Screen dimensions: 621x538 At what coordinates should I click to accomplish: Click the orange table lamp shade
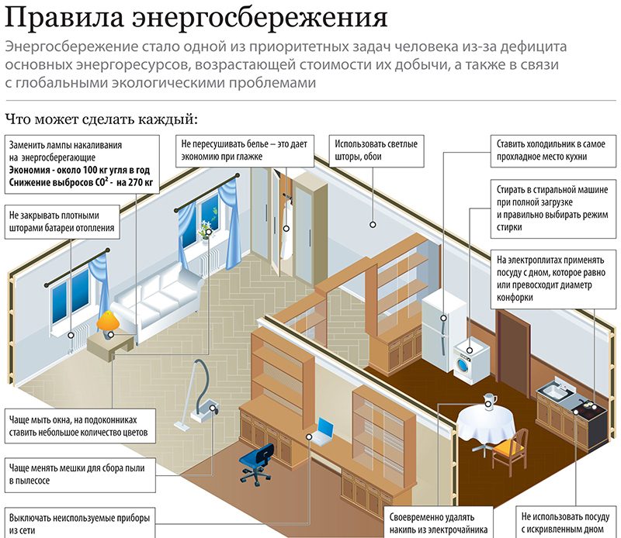pos(108,320)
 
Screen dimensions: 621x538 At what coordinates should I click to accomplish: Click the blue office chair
pos(258,464)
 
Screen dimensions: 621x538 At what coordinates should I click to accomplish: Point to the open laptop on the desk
pos(324,432)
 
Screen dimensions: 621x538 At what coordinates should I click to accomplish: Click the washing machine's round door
pos(463,364)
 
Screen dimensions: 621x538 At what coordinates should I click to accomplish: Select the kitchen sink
pos(554,390)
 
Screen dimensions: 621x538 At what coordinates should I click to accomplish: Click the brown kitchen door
pos(513,352)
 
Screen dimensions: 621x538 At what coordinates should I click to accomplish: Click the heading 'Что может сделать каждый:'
pos(101,119)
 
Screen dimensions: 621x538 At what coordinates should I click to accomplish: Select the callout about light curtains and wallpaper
pos(376,150)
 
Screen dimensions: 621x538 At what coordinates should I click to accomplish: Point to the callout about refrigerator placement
pos(553,150)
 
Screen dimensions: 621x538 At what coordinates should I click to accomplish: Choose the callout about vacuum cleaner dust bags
pos(80,474)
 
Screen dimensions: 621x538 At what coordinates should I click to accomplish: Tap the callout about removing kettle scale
pos(439,522)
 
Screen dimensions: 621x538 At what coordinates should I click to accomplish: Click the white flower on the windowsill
pos(205,229)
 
